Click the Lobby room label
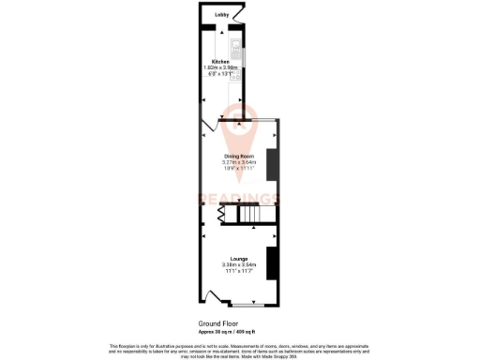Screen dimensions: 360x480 pyautogui.click(x=222, y=15)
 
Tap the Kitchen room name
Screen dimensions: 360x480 pyautogui.click(x=222, y=62)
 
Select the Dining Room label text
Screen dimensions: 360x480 pyautogui.click(x=239, y=156)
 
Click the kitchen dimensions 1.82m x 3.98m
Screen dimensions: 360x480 pyautogui.click(x=222, y=67)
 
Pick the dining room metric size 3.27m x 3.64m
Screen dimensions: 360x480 pyautogui.click(x=239, y=161)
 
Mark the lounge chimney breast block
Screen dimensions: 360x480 pyautogui.click(x=272, y=263)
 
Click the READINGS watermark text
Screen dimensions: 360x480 pyautogui.click(x=238, y=198)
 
